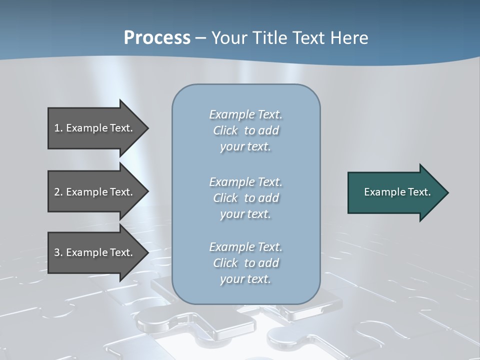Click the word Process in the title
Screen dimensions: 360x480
pos(157,38)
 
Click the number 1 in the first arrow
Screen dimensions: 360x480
pos(57,128)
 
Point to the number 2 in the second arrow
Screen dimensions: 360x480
pos(57,192)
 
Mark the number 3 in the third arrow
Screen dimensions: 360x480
pos(57,252)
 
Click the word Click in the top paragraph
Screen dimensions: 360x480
pos(225,130)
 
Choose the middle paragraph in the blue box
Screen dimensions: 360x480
pos(245,198)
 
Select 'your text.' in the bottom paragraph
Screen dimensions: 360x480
pos(245,279)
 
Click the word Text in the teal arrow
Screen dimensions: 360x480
pos(419,192)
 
